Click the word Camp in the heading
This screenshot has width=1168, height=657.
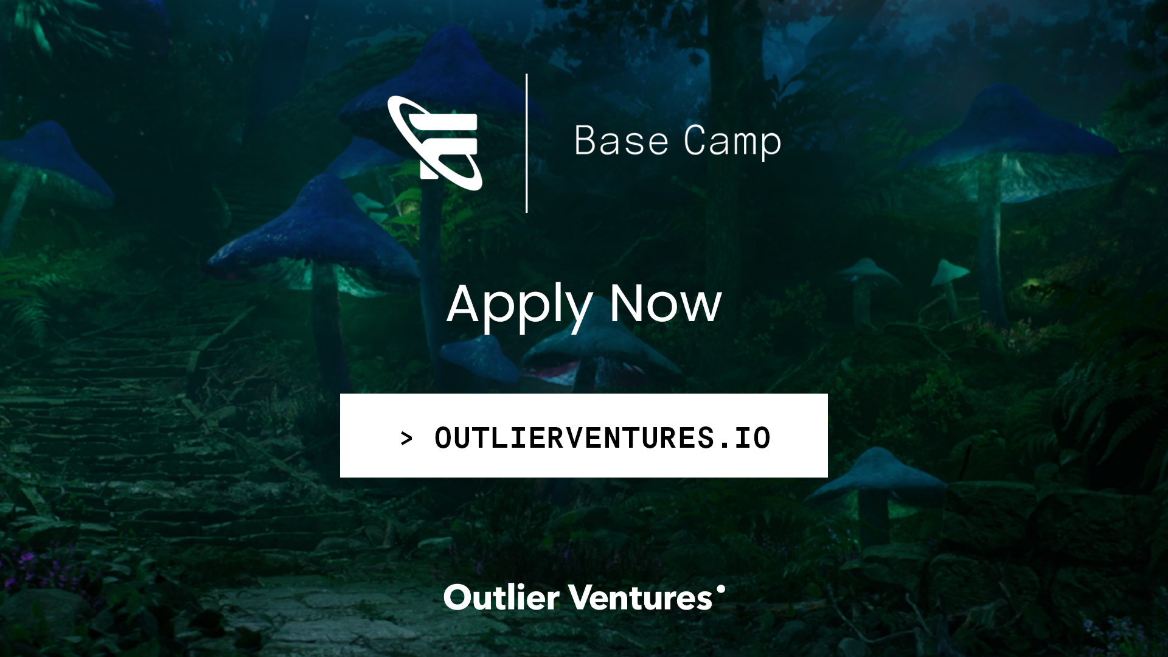[x=732, y=142]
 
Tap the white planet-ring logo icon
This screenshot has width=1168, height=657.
[x=435, y=143]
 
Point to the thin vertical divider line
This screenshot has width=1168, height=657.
[x=527, y=143]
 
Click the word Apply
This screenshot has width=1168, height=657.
[x=519, y=305]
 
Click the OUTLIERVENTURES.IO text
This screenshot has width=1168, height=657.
[x=602, y=438]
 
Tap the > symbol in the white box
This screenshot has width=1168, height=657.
[x=406, y=438]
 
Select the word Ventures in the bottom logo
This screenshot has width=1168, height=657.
[x=642, y=598]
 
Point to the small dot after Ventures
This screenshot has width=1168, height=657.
[x=721, y=589]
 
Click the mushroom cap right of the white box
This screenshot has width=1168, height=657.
[x=876, y=474]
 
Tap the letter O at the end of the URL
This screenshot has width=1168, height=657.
[x=762, y=438]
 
